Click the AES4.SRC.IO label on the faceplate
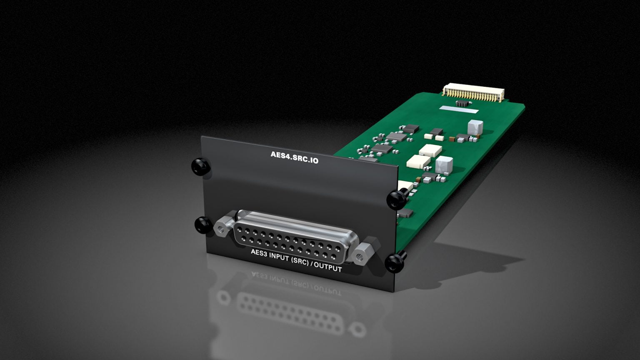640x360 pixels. pos(294,157)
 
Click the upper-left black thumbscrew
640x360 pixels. pos(201,166)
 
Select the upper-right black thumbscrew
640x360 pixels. pos(396,199)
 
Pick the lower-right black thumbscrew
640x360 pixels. pos(394,262)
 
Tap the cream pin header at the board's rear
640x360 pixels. pos(473,92)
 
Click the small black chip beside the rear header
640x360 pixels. pos(462,102)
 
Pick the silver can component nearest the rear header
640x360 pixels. pos(475,128)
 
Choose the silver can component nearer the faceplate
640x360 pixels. pos(444,165)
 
